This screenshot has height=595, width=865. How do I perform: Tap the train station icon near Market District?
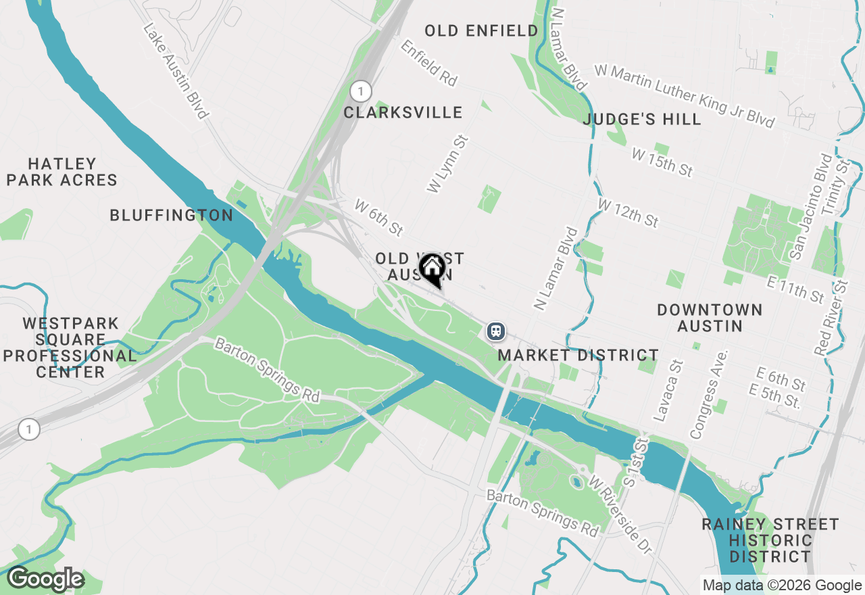pos(496,331)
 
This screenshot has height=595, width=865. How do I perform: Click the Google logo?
pos(45,579)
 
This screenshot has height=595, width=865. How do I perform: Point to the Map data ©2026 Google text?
pos(782,586)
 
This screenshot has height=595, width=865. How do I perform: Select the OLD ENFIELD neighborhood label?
pos(481,30)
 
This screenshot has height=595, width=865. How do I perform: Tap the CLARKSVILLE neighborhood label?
pos(403,112)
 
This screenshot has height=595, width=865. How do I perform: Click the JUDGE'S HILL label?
pos(642,120)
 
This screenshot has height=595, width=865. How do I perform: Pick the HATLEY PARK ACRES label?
pos(63,172)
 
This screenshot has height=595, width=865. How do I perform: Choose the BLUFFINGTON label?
pos(172,215)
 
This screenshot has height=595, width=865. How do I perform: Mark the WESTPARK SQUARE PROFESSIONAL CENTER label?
pos(71,348)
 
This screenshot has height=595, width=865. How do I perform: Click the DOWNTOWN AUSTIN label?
pos(710,318)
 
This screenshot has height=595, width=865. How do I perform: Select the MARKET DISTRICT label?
pos(578,355)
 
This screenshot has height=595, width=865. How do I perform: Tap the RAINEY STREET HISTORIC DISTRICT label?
pos(770,540)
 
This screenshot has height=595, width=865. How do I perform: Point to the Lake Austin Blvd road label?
pos(175,72)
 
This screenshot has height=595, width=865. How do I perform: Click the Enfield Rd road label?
pos(428,62)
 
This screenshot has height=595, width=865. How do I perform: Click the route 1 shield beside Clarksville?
pos(362,91)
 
